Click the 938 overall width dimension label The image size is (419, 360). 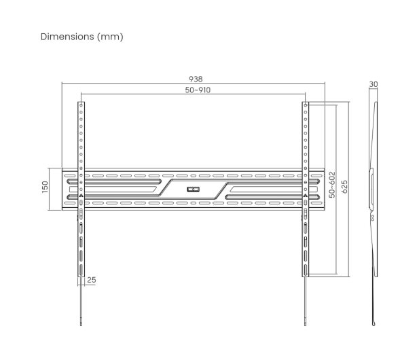[x=196, y=79]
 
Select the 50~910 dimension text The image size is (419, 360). [x=198, y=90]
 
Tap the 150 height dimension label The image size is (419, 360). [x=45, y=187]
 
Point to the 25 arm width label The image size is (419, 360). [x=92, y=280]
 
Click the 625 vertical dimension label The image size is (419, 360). [x=345, y=187]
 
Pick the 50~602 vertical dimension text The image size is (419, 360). [x=332, y=185]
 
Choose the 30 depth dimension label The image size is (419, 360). [x=374, y=84]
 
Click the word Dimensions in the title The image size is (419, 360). [x=67, y=37]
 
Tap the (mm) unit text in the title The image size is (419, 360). [x=110, y=37]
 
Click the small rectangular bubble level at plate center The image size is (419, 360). [x=193, y=190]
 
